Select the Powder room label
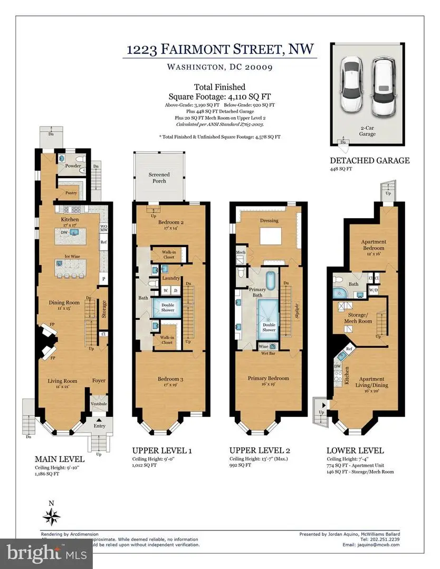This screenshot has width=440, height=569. [x=73, y=166]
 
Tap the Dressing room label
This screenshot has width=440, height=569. [x=269, y=220]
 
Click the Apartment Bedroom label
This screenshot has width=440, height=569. [x=373, y=245]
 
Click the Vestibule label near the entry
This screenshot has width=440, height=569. [x=99, y=404]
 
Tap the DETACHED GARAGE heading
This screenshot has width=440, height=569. [x=369, y=161]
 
